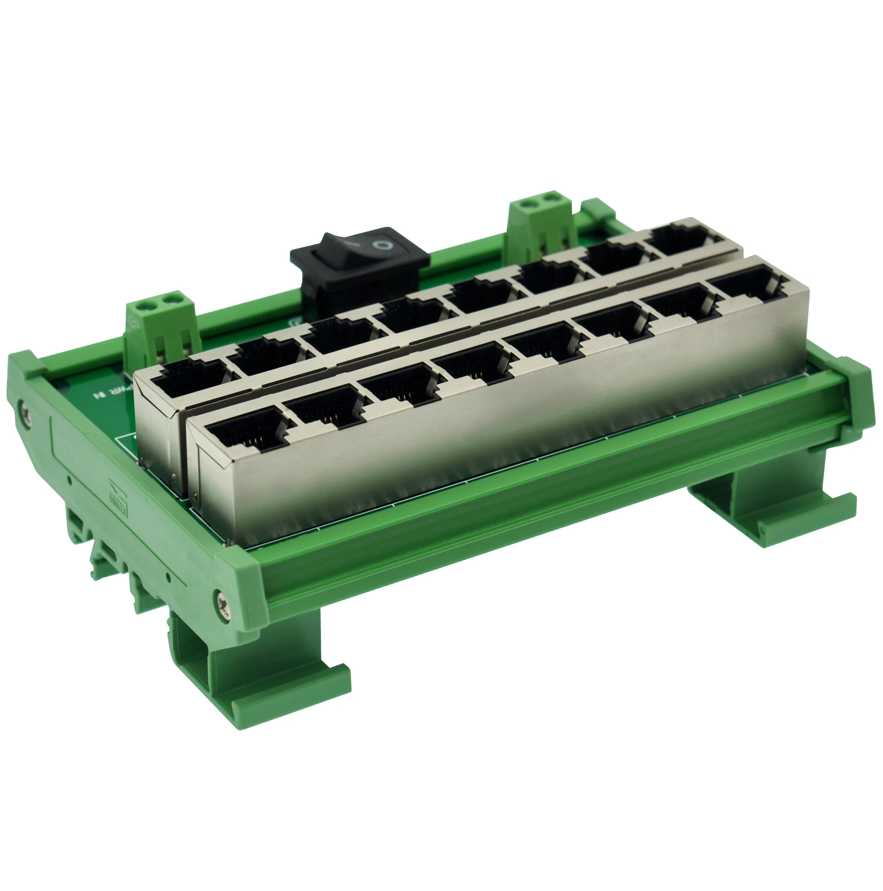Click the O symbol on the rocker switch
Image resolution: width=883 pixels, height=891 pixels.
(x=381, y=244)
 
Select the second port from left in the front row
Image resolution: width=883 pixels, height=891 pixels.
(x=324, y=408)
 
